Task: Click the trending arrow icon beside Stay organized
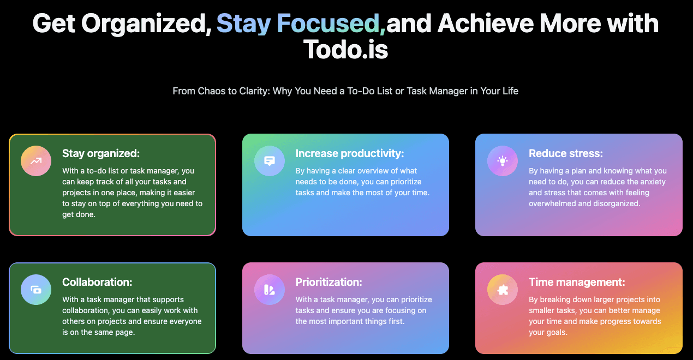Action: (36, 161)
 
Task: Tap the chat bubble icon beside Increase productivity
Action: (270, 161)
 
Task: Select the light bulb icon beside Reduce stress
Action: (503, 161)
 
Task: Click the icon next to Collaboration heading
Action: (36, 290)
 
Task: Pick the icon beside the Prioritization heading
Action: (269, 290)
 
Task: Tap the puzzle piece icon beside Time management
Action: (503, 290)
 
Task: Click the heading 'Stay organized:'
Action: (101, 153)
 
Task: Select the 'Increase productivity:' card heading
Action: (350, 153)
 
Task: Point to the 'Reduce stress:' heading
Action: (566, 153)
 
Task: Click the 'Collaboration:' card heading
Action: (97, 282)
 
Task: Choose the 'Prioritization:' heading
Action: (329, 282)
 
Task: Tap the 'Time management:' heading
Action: (577, 282)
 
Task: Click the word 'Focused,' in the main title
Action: (331, 23)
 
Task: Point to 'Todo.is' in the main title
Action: (345, 50)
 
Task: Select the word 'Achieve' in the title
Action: (486, 23)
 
